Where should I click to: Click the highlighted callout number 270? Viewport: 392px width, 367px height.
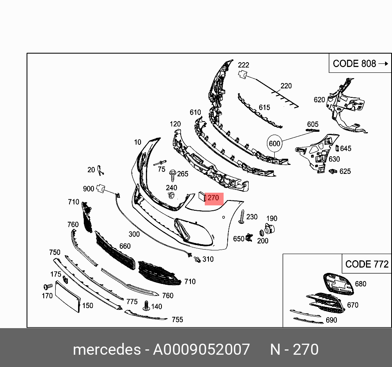[213, 198]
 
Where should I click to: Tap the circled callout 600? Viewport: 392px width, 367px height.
[275, 144]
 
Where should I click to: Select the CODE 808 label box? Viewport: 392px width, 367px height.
[360, 63]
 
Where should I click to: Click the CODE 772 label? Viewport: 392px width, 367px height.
[367, 264]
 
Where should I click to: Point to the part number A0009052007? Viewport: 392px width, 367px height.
[201, 349]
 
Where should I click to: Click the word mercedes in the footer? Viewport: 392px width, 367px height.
[107, 349]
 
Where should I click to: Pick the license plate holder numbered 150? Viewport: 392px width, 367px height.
[67, 297]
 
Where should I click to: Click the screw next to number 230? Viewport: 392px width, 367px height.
[242, 217]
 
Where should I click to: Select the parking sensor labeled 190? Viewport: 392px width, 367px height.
[269, 229]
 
